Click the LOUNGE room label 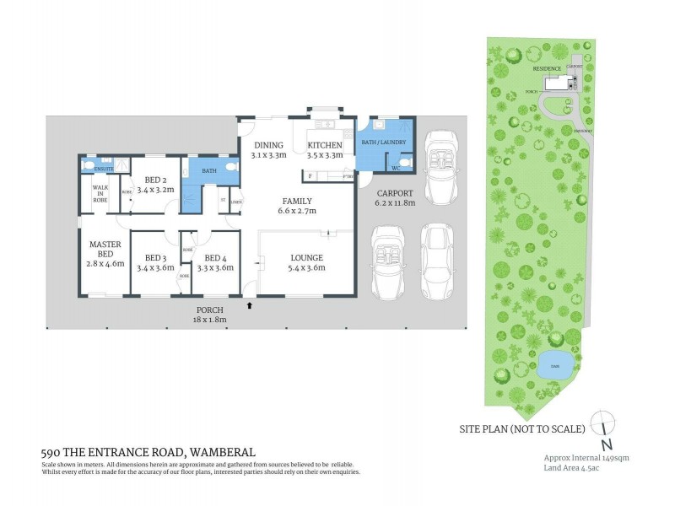[x=307, y=257]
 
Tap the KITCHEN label [x=324, y=145]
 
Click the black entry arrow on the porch [x=249, y=306]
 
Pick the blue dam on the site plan [x=554, y=364]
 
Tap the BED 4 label [x=214, y=257]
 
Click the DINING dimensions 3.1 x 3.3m [x=269, y=155]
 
